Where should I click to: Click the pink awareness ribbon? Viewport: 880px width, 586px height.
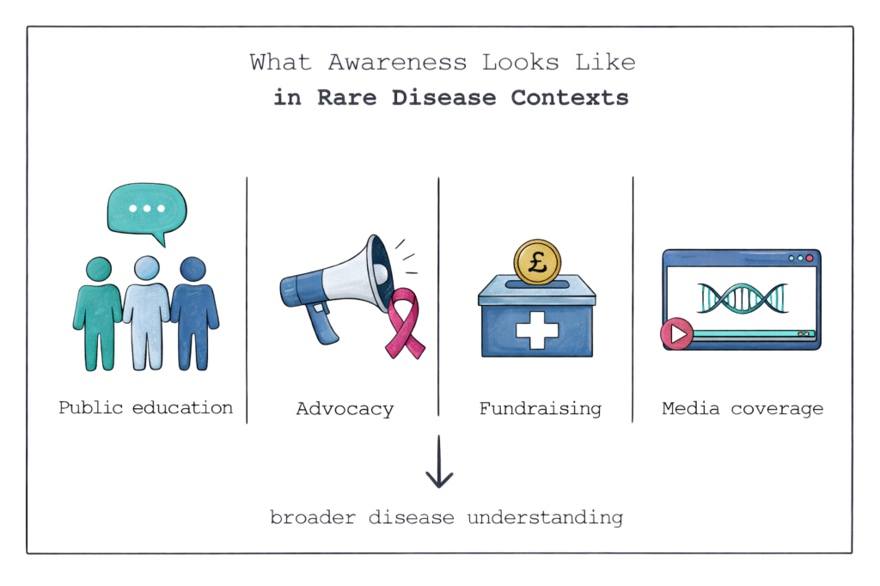(x=402, y=324)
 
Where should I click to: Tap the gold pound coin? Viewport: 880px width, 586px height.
(x=537, y=263)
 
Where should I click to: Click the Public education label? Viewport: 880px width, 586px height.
(x=145, y=407)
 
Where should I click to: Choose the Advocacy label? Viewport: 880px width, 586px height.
(x=345, y=409)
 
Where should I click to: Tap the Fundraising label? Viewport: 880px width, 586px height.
(x=540, y=409)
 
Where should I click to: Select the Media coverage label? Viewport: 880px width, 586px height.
(x=742, y=409)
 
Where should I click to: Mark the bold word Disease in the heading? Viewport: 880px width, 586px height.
(x=445, y=98)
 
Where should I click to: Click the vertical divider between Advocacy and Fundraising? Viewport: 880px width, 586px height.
(x=439, y=297)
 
